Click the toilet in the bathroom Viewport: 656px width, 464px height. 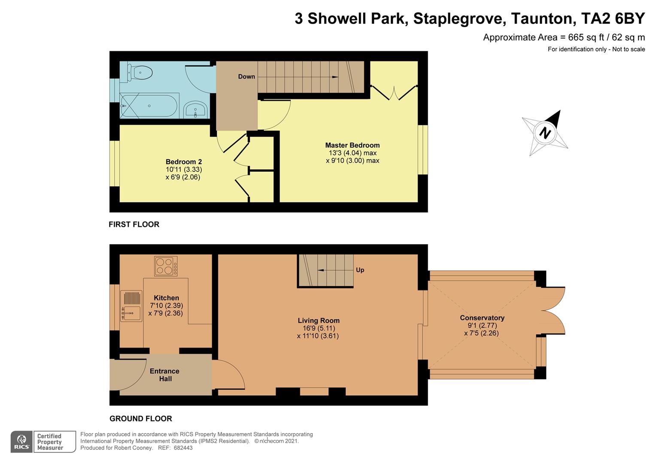point(140,73)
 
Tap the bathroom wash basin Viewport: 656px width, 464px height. point(195,110)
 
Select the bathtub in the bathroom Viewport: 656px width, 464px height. point(149,106)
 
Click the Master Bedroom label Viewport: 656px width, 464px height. point(352,145)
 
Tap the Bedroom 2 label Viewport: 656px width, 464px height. point(184,162)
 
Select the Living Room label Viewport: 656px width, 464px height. point(319,321)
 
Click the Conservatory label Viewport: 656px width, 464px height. point(482,318)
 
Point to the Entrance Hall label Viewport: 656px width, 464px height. point(164,375)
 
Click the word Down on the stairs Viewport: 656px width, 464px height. point(246,76)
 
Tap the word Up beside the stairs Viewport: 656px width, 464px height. point(360,270)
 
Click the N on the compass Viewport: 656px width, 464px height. point(545,133)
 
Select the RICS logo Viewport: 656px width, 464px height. point(21,441)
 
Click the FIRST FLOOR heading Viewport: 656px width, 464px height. point(134,225)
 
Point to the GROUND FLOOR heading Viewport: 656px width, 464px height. point(140,418)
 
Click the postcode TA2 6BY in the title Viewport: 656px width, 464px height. point(613,18)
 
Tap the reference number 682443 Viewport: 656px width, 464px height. point(183,448)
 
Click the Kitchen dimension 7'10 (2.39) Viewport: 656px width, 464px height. point(166,305)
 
